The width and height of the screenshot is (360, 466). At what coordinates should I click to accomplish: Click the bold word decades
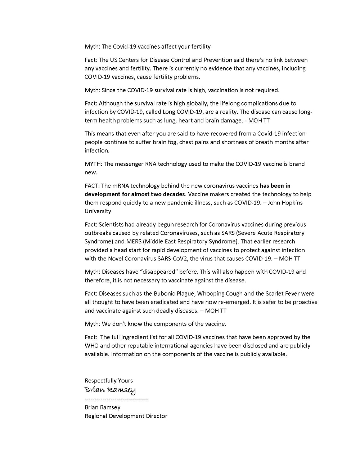click(172, 194)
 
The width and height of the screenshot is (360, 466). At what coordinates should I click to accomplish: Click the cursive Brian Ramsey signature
click(110, 390)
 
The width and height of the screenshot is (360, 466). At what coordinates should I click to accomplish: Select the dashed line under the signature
click(116, 400)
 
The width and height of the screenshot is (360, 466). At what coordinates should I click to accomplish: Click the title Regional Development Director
click(126, 416)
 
